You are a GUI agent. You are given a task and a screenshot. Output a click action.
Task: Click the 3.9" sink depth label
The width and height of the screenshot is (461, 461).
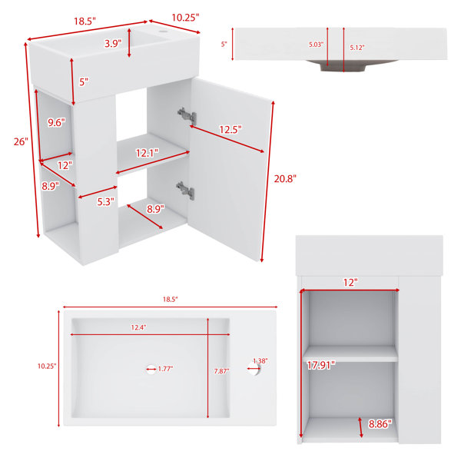click(113, 44)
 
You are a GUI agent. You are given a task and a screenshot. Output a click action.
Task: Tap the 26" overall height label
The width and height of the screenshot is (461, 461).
click(21, 141)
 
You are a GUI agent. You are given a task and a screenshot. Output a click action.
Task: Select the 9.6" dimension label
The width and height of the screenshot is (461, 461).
click(56, 122)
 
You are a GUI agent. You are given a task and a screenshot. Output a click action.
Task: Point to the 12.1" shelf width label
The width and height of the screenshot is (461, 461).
click(147, 153)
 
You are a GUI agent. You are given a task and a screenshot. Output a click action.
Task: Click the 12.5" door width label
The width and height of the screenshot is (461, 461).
click(230, 129)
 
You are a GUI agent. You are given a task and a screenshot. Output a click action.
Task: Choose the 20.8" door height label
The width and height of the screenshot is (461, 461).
click(285, 178)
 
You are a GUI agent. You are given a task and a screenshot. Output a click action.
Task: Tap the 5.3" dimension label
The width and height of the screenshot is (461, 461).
click(105, 201)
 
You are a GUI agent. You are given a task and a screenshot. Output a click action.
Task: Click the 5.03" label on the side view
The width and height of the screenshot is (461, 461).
click(316, 45)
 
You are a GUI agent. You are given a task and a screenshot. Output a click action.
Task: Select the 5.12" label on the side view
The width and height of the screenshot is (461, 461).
click(357, 48)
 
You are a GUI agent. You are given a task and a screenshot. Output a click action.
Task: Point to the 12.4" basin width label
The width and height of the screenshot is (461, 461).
click(138, 327)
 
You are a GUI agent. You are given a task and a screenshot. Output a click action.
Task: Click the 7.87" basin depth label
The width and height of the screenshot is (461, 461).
click(221, 371)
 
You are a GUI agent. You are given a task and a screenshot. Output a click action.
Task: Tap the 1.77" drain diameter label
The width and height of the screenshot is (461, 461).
click(165, 369)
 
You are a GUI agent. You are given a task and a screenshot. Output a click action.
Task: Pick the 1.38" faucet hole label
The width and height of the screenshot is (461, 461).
click(260, 361)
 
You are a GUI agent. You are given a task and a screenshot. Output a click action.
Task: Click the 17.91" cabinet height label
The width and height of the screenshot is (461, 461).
click(321, 365)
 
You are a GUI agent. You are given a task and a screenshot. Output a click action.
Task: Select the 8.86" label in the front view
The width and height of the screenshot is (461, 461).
click(380, 423)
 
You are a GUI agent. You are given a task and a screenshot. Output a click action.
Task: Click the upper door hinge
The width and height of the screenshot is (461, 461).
click(187, 114)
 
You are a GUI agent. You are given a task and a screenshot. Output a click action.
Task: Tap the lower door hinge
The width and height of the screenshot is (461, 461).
click(185, 191)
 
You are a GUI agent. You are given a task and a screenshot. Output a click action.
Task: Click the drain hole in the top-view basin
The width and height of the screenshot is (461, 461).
click(151, 370)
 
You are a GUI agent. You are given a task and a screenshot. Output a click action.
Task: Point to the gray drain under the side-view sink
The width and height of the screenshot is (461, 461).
click(343, 66)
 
